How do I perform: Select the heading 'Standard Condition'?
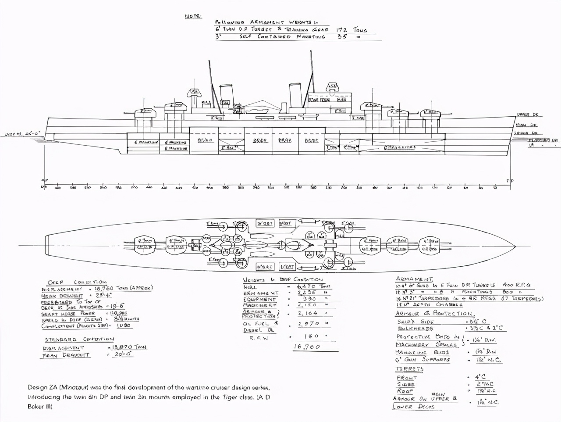click(x=79, y=339)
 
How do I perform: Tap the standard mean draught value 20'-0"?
click(x=123, y=354)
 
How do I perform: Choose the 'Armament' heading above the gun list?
click(x=414, y=279)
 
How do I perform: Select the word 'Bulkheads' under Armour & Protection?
click(x=415, y=329)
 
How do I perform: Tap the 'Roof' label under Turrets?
click(x=405, y=390)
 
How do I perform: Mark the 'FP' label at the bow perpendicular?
click(x=510, y=181)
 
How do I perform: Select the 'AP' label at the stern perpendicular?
click(x=44, y=181)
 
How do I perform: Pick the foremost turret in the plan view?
click(x=429, y=245)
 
